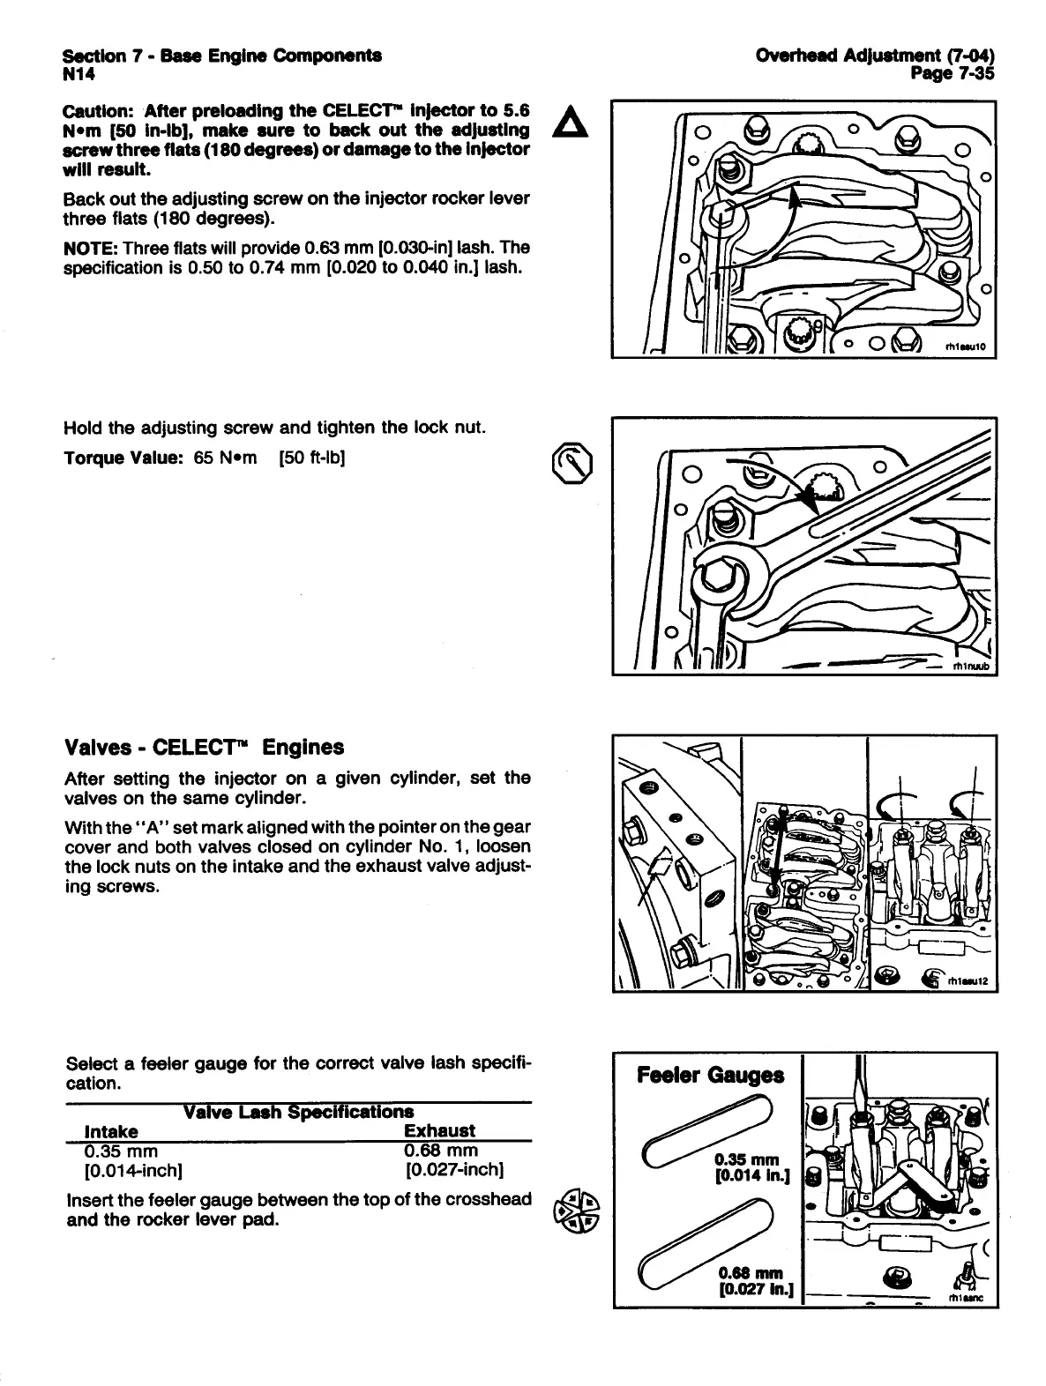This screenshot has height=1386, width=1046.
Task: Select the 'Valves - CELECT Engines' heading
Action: [205, 748]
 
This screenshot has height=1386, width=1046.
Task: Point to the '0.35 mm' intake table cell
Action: [121, 1151]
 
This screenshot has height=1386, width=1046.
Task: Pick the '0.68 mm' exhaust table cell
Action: [441, 1151]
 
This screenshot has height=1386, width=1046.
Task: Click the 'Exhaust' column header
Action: [439, 1130]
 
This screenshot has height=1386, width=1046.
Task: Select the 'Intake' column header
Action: [110, 1130]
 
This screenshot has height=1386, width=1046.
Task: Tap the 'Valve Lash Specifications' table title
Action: [298, 1112]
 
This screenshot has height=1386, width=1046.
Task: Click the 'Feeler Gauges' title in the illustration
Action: [710, 1075]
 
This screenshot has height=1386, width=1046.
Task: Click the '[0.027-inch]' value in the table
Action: [454, 1171]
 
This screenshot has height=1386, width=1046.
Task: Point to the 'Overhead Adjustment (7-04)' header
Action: [876, 56]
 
